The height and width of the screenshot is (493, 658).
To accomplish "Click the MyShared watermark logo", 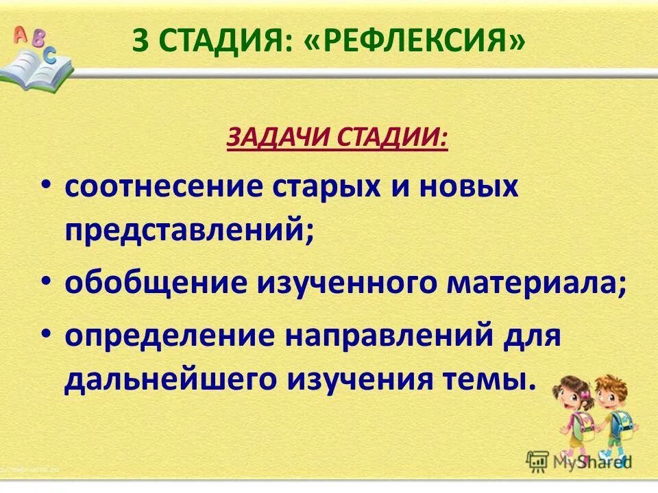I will point(579,462).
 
